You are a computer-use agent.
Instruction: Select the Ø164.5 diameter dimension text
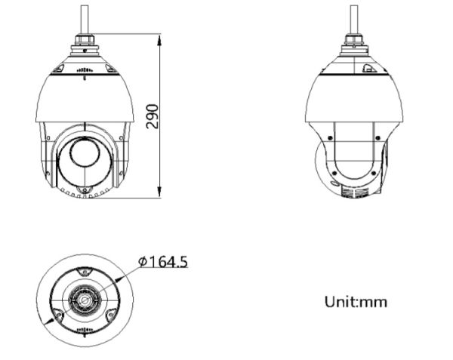(163, 262)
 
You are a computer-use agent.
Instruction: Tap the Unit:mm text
(356, 302)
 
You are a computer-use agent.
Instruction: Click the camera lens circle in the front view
(84, 154)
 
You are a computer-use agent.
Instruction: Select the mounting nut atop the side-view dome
(353, 45)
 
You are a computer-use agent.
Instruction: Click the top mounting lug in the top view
(84, 269)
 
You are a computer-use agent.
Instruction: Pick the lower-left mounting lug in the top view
(57, 315)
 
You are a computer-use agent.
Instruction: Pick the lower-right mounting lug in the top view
(111, 315)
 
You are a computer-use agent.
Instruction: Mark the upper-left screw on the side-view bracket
(331, 139)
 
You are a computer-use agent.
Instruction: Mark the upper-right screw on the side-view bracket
(376, 139)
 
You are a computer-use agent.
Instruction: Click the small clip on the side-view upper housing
(368, 69)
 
